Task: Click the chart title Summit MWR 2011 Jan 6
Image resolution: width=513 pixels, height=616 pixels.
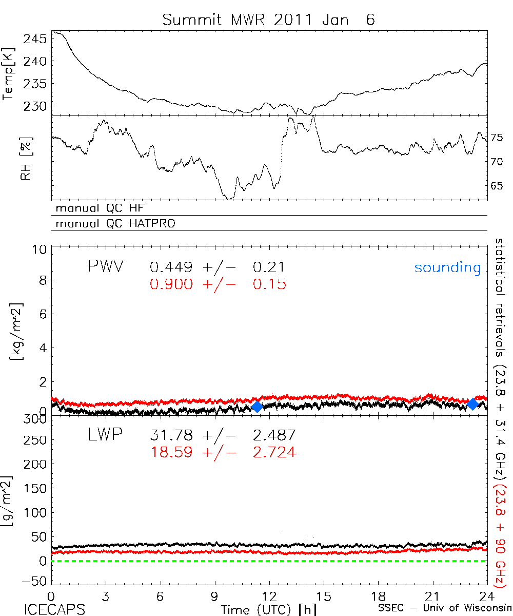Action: click(x=269, y=20)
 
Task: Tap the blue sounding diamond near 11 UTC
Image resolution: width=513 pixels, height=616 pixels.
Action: click(x=257, y=407)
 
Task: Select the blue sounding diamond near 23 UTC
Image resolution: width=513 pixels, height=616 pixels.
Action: click(x=473, y=405)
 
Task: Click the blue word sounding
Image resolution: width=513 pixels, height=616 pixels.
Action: click(x=447, y=267)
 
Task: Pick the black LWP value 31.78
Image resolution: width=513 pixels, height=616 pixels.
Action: click(x=171, y=435)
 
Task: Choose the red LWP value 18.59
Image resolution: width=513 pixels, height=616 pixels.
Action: click(x=171, y=452)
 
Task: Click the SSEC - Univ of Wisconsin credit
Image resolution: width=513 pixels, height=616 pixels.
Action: click(x=444, y=609)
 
